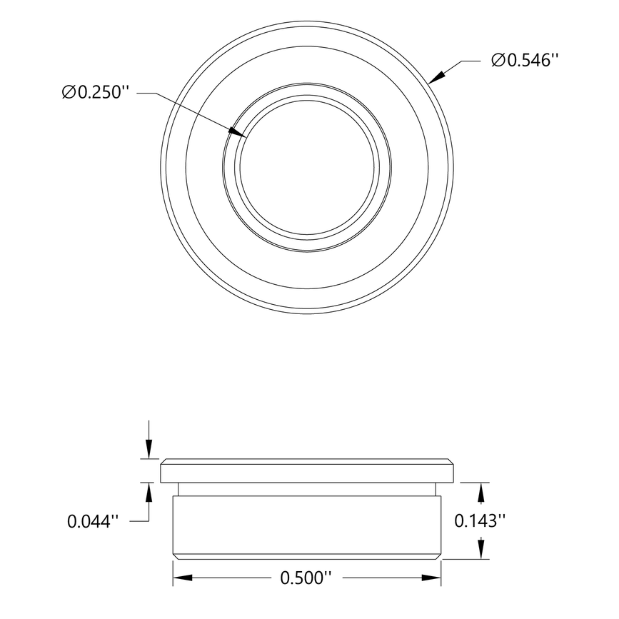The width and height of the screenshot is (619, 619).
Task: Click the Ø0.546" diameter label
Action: click(523, 61)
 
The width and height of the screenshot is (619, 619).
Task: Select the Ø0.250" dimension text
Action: click(96, 93)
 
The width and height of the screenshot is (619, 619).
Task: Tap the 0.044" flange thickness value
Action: click(91, 522)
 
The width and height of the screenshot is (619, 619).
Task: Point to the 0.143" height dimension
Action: click(480, 521)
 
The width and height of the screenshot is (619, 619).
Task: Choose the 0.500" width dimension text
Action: click(308, 577)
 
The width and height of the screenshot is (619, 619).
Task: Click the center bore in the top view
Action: click(307, 168)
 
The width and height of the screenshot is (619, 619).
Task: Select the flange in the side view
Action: click(307, 471)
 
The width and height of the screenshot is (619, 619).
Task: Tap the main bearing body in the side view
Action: click(307, 525)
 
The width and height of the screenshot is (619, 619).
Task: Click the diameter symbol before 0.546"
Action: click(498, 61)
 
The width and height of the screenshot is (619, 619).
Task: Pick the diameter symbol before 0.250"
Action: click(69, 93)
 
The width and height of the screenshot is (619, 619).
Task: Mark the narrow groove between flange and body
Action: click(307, 489)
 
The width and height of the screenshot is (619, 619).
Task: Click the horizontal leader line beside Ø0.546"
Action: click(468, 61)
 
